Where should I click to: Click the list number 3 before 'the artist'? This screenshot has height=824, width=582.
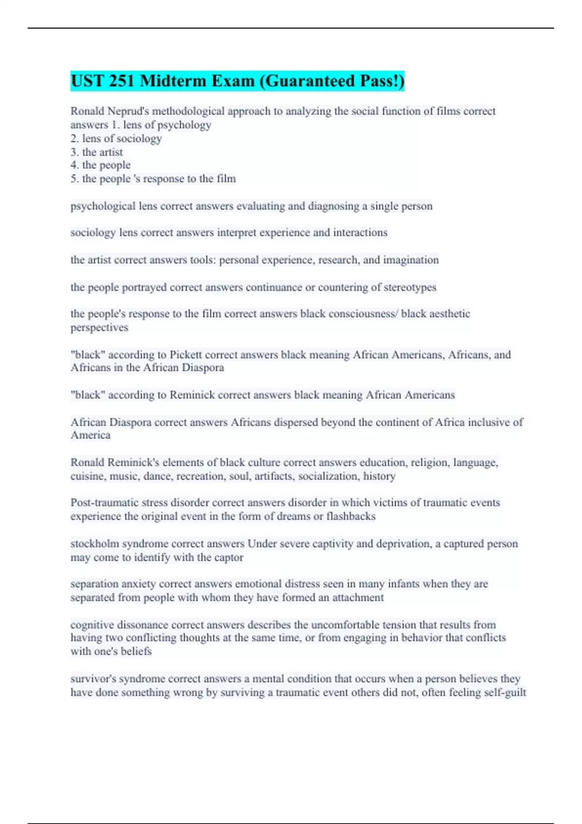pyautogui.click(x=74, y=152)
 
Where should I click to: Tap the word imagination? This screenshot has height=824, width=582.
pyautogui.click(x=411, y=260)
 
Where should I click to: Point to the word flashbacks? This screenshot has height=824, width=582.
pyautogui.click(x=351, y=516)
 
